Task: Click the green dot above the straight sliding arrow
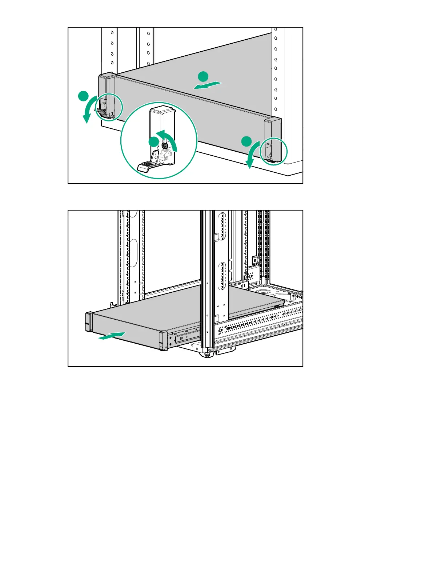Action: (203, 77)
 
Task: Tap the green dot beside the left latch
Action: (84, 97)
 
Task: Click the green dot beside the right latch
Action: (246, 141)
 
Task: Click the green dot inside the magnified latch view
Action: (154, 142)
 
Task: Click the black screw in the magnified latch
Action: (164, 146)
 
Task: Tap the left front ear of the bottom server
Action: (89, 322)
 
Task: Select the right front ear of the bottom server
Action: (163, 341)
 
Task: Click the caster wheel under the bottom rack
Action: (206, 355)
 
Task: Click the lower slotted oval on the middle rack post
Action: (221, 277)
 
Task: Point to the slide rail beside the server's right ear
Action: (186, 337)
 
